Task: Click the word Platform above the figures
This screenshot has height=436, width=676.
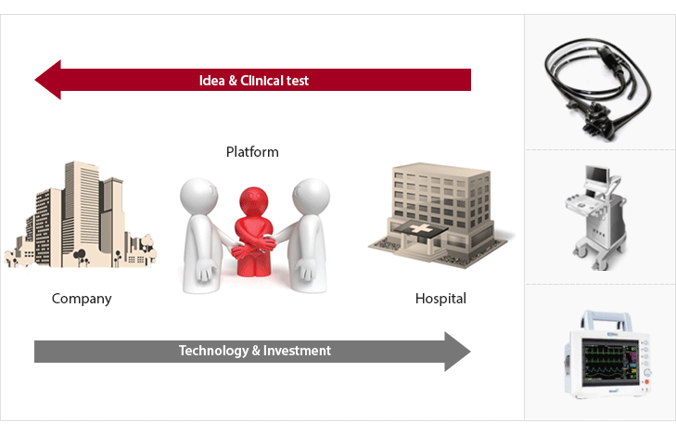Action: (252, 151)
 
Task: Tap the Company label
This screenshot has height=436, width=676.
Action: (82, 299)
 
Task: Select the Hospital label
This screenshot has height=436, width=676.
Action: (440, 299)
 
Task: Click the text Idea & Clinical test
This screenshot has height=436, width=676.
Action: (254, 81)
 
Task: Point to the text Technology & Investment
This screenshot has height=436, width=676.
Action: (254, 351)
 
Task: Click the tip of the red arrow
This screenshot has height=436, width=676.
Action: (38, 81)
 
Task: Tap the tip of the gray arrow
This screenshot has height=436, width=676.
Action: (468, 351)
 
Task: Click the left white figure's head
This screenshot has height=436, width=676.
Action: (198, 195)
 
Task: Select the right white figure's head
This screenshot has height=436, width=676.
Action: (310, 196)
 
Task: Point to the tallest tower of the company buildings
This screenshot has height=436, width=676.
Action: (82, 204)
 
